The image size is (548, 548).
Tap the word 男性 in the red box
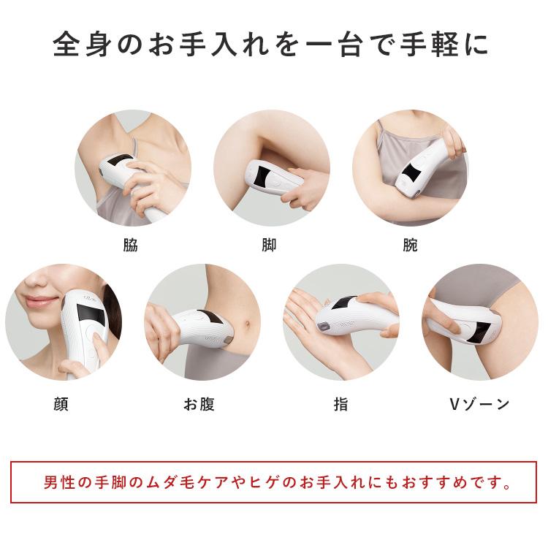[x=57, y=483]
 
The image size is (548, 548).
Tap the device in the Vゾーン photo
[x=468, y=329]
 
